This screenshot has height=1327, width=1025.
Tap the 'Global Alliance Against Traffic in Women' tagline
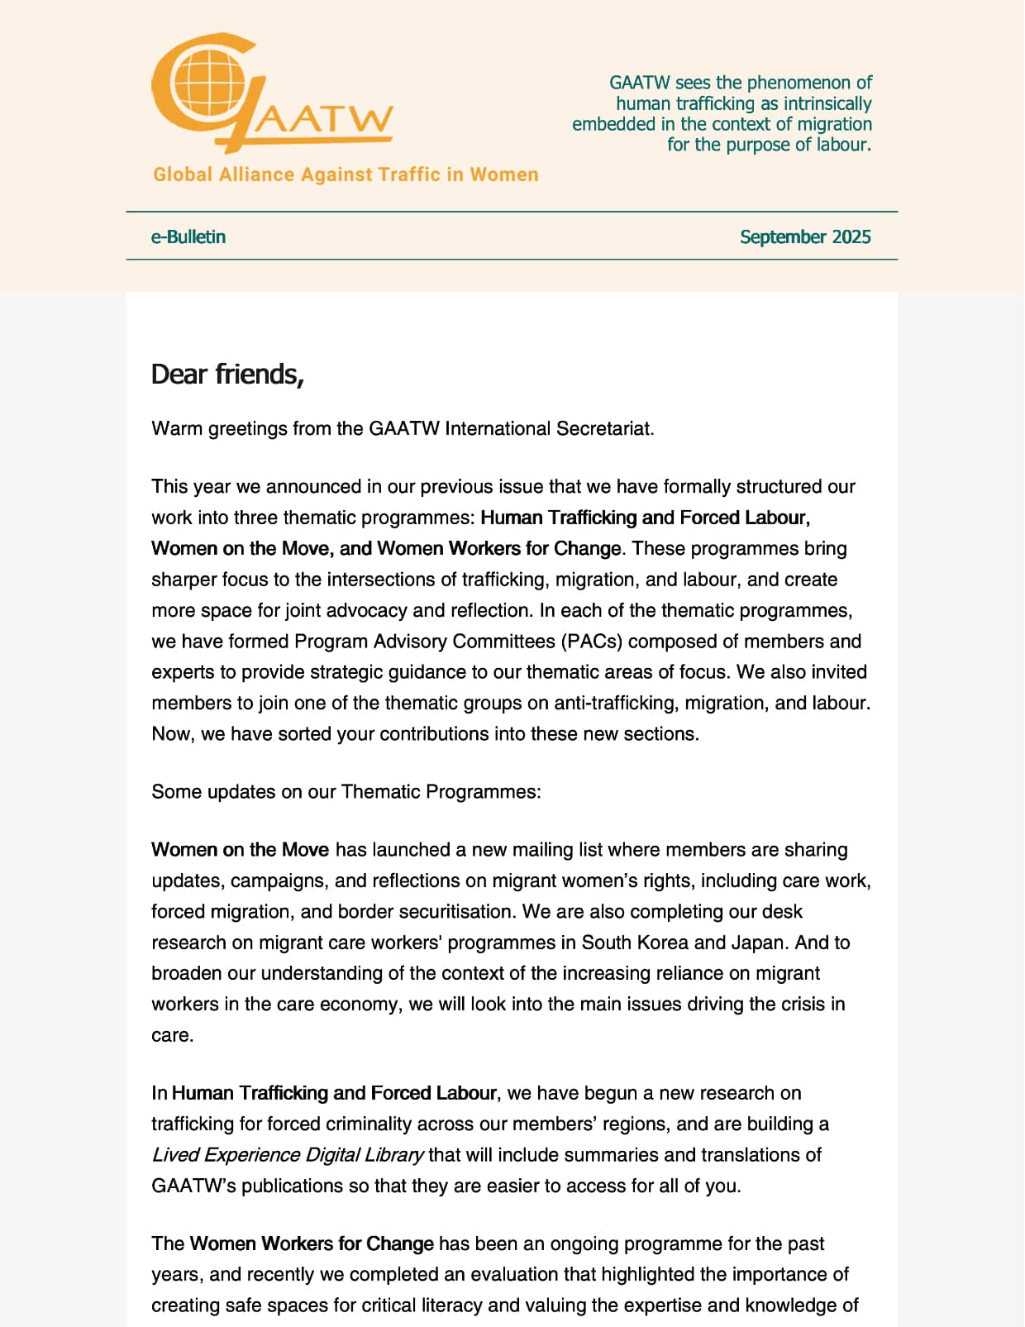(x=346, y=174)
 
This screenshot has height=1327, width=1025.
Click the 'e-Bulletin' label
(x=188, y=237)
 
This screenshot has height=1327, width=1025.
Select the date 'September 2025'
(x=805, y=237)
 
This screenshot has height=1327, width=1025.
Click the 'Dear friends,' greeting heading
(x=228, y=375)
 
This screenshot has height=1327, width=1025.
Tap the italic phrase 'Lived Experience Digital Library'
(x=288, y=1155)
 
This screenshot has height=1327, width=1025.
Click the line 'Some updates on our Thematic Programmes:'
(x=346, y=792)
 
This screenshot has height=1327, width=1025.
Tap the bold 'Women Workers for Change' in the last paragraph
(x=312, y=1244)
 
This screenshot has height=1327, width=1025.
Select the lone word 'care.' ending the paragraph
(x=173, y=1036)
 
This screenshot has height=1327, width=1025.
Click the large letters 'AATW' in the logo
(x=322, y=120)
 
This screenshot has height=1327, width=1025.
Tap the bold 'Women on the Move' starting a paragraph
(x=241, y=850)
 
